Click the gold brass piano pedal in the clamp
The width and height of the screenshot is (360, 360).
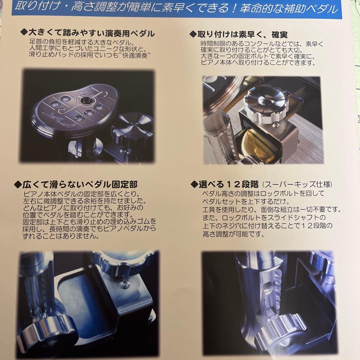[x=263, y=147]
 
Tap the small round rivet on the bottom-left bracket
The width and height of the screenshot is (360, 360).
[x=124, y=284]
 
